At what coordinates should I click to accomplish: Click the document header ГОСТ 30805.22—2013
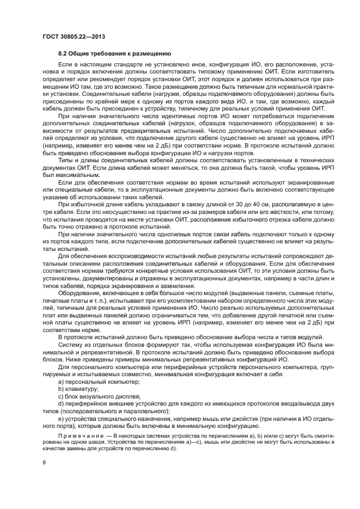[x=74, y=36]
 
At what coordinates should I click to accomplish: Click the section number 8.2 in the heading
[x=63, y=54]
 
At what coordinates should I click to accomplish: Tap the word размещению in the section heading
[x=153, y=54]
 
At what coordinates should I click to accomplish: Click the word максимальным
[x=76, y=175]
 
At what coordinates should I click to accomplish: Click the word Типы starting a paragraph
[x=66, y=161]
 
